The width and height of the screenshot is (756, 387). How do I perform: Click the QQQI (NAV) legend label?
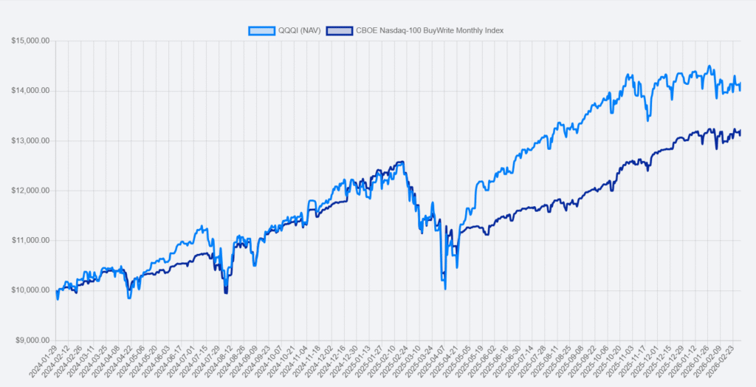(299, 30)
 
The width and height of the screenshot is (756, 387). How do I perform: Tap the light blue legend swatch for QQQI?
(261, 30)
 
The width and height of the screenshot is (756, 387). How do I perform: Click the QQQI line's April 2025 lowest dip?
(445, 288)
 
